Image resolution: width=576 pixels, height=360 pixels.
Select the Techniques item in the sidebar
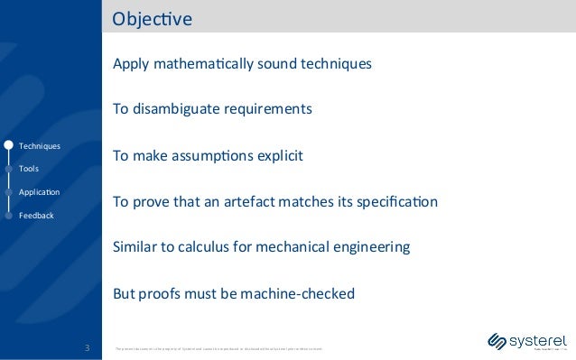coord(39,146)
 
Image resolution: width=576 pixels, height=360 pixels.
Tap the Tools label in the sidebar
coord(28,169)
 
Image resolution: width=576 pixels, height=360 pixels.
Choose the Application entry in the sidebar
coord(39,192)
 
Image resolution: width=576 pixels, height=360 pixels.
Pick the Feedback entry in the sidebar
coord(36,216)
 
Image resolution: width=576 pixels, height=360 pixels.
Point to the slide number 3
coord(86,346)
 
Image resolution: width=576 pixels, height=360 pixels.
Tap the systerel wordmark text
coord(538,340)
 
